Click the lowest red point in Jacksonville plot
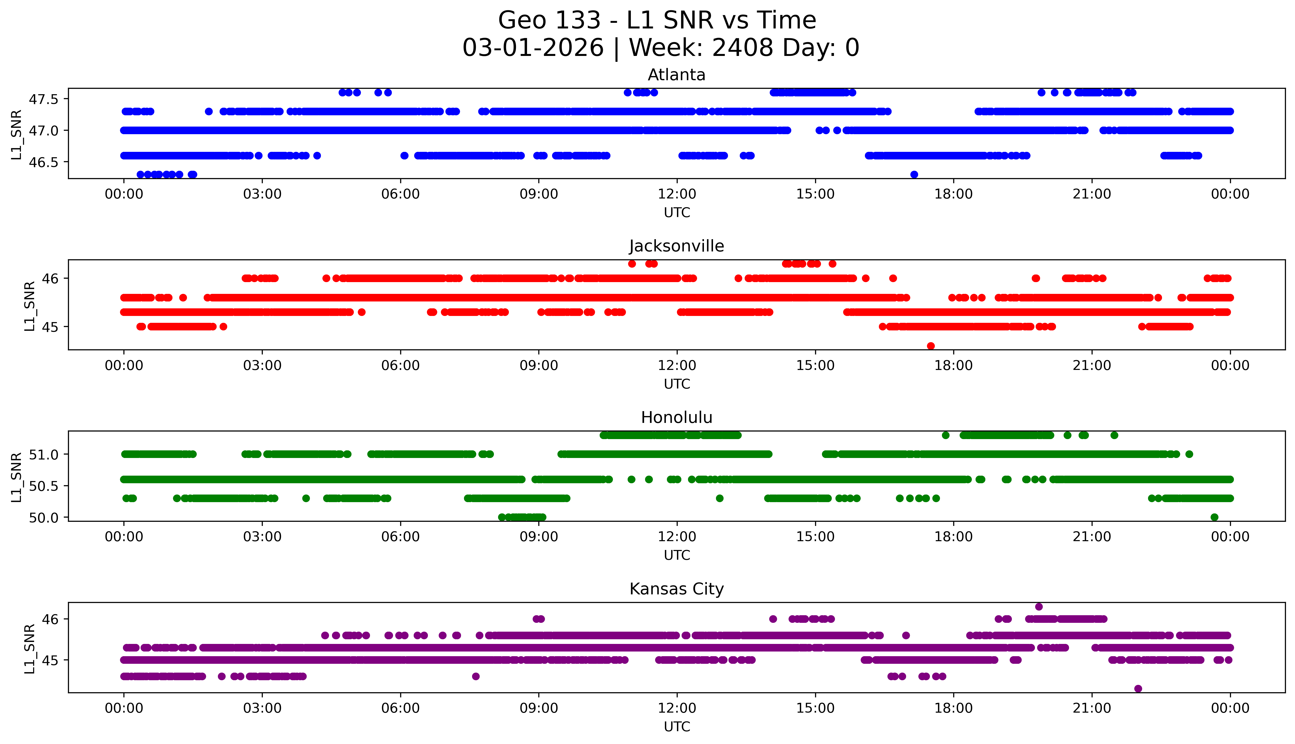point(931,346)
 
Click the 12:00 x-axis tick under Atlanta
point(677,194)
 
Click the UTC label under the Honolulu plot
point(677,555)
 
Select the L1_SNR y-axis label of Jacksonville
point(30,306)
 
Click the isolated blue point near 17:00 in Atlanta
point(914,175)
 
